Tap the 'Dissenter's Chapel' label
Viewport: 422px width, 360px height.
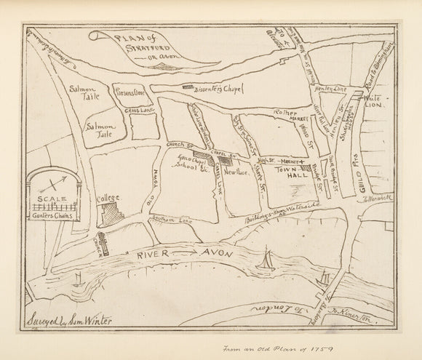[x=218, y=91]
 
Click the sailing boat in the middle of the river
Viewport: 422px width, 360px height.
[x=266, y=259]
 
